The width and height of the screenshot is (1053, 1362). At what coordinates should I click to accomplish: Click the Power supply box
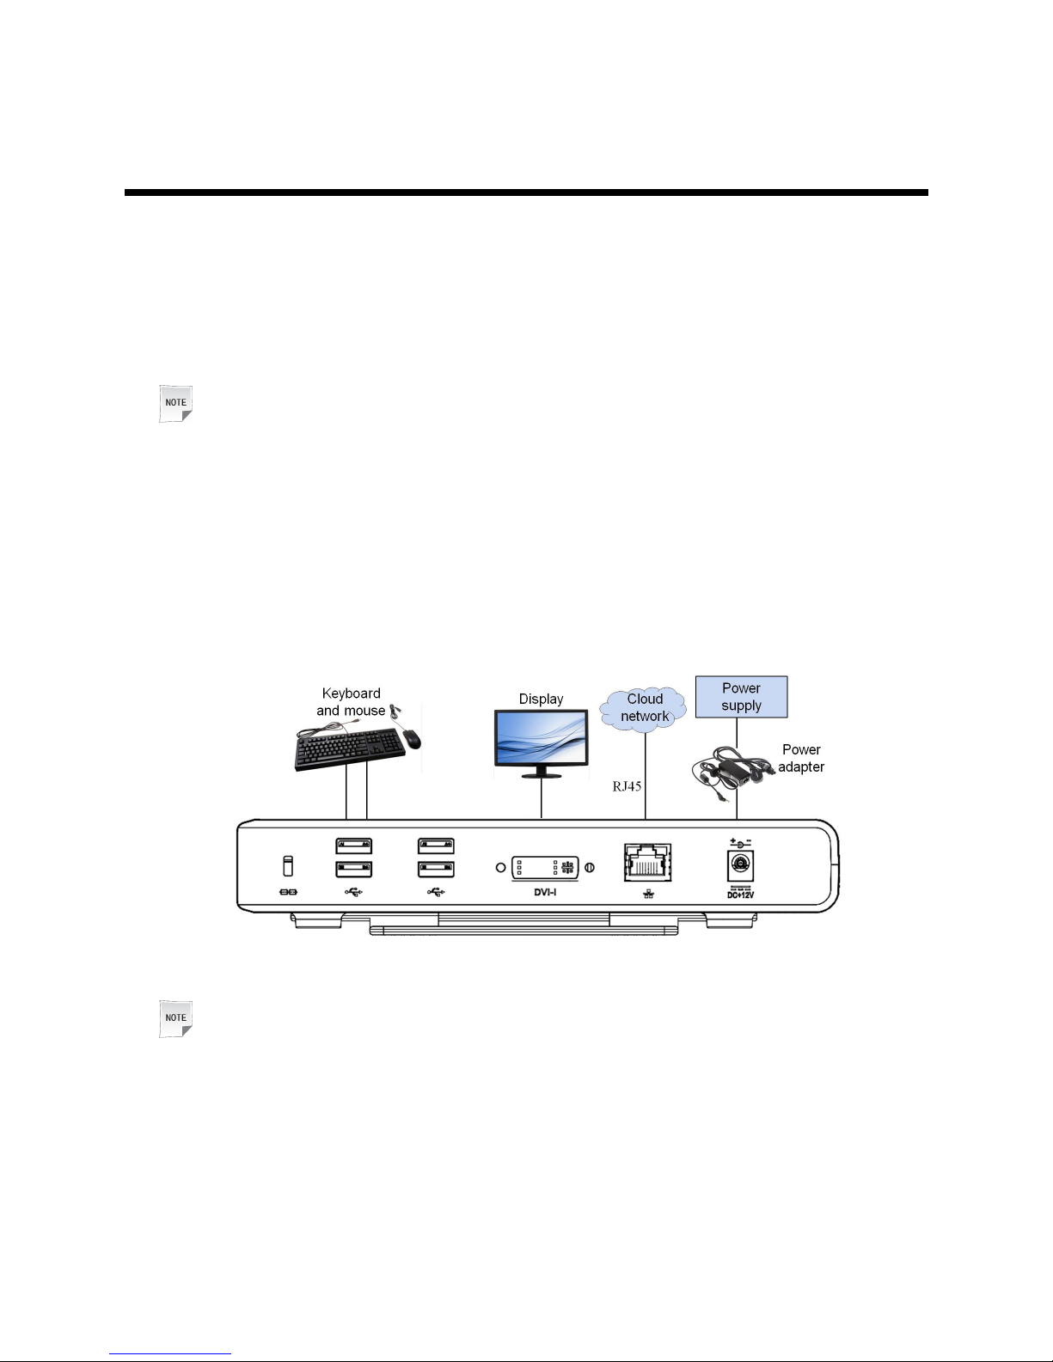pos(741,697)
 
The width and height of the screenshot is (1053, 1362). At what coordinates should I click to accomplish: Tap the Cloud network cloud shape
pos(645,708)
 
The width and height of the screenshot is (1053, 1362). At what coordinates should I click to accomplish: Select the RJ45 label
pos(627,786)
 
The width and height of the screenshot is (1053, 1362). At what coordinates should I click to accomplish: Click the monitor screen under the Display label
pos(541,736)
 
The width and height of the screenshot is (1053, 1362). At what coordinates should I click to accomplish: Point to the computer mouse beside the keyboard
pos(412,738)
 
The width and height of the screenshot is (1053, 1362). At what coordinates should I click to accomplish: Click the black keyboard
pos(350,749)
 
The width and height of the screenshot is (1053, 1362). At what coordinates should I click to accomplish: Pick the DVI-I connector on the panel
pos(545,867)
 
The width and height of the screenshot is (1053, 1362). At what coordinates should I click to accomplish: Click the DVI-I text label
pos(545,892)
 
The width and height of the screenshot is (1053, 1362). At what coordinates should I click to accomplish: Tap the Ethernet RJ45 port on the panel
pos(647,862)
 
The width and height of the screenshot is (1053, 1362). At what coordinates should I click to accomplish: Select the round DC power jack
pos(740,864)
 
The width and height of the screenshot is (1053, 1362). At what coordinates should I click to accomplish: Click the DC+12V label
pos(740,895)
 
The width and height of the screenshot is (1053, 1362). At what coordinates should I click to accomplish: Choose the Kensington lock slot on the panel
pos(288,866)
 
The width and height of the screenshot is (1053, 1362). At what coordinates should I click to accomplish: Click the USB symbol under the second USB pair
pos(436,891)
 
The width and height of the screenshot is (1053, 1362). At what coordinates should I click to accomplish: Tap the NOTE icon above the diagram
pos(175,403)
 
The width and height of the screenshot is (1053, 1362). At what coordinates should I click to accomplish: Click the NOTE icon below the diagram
pos(175,1018)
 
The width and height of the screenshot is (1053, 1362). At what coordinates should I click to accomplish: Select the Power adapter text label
pos(801,758)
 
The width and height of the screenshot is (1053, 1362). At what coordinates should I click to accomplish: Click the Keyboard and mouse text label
pos(351,702)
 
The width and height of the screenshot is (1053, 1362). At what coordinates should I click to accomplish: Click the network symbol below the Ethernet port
pos(647,894)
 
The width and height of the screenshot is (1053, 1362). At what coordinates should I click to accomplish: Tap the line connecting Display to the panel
pos(541,799)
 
